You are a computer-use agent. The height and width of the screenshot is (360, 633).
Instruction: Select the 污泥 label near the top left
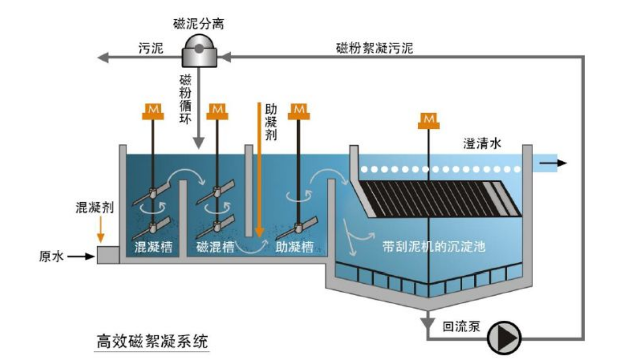point(150,49)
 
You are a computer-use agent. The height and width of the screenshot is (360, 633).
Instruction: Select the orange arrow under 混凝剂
point(101,229)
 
